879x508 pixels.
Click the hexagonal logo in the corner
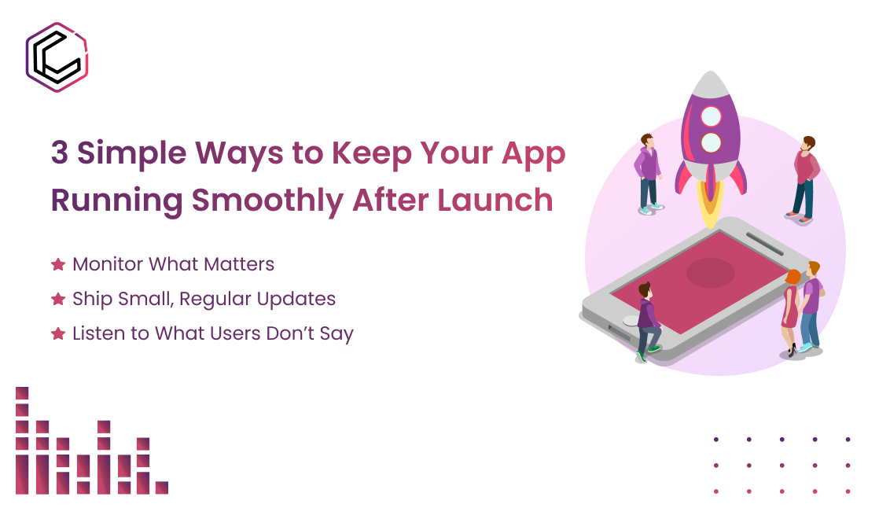click(57, 57)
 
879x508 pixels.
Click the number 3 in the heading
click(60, 153)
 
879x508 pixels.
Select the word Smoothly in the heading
click(267, 200)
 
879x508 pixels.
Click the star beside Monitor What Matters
click(57, 264)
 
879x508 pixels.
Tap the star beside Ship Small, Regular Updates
click(57, 300)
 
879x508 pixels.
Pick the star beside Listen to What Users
click(57, 333)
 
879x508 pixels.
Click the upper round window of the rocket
click(711, 117)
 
